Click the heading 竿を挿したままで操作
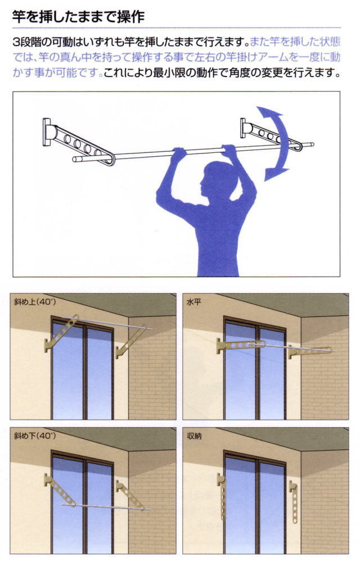coord(78,16)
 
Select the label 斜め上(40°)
coord(35,302)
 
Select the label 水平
coord(193,302)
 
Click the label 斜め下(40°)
coord(35,436)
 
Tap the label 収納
coord(193,436)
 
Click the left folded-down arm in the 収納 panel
coord(222,497)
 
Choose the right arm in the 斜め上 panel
coord(130,342)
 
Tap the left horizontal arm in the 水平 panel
coord(241,346)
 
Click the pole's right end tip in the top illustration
coord(313,144)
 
